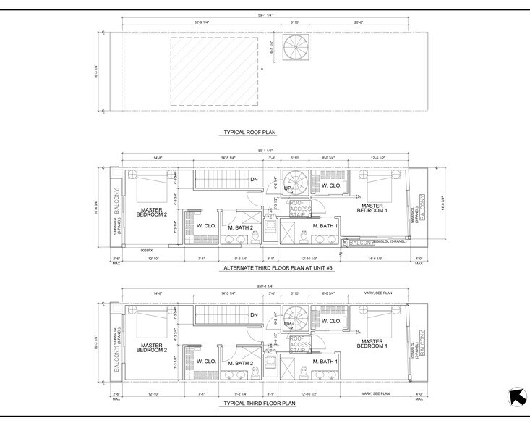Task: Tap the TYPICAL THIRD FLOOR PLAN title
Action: pyautogui.click(x=265, y=402)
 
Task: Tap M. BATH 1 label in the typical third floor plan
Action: pyautogui.click(x=326, y=362)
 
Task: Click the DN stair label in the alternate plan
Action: pyautogui.click(x=254, y=179)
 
